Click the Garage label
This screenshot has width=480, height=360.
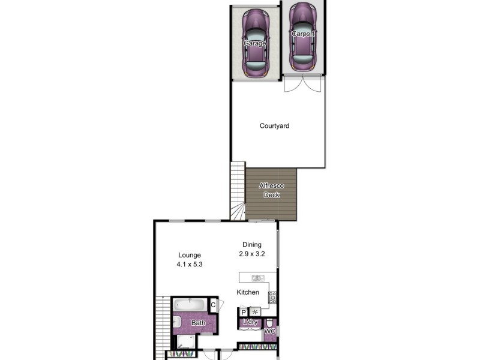click(x=255, y=43)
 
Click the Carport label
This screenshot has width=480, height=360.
click(x=302, y=34)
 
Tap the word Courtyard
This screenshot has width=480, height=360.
click(x=274, y=126)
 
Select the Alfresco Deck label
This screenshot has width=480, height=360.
click(x=271, y=190)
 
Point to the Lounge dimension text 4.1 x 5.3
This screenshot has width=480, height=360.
click(x=189, y=264)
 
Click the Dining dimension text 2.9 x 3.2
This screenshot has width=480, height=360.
click(x=252, y=254)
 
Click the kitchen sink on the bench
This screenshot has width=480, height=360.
click(x=257, y=278)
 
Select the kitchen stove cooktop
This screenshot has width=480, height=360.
click(x=272, y=296)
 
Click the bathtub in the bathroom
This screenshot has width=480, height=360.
click(x=191, y=305)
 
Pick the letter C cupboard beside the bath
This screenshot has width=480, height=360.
click(x=213, y=304)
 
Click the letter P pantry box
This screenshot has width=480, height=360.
click(x=244, y=312)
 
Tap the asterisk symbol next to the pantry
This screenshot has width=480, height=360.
click(x=255, y=312)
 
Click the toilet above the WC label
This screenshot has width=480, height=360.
click(x=269, y=322)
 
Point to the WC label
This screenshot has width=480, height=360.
click(x=270, y=331)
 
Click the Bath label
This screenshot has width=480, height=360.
click(x=198, y=323)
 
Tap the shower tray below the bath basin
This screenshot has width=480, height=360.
click(x=187, y=343)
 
